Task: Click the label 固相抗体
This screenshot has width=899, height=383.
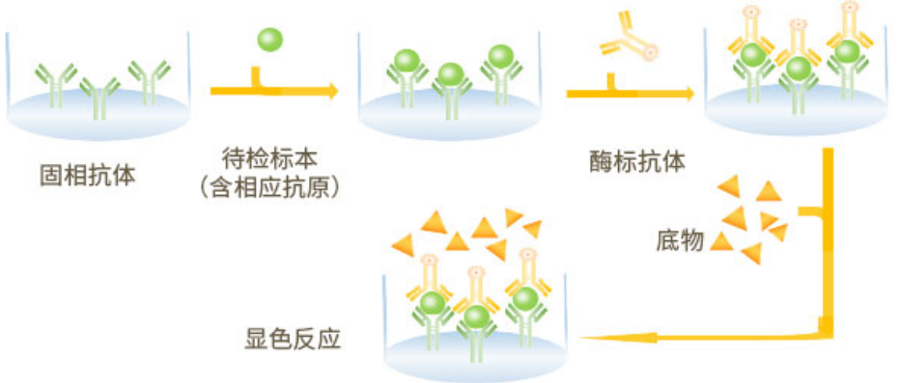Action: tap(87, 177)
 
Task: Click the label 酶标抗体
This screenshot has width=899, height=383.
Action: tap(637, 163)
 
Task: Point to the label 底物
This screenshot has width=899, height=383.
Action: tap(680, 241)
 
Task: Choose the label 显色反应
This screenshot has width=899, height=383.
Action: tap(293, 340)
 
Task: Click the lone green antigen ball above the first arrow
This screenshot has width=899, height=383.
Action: tap(269, 41)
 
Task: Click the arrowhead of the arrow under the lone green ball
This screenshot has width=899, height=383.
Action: tap(332, 91)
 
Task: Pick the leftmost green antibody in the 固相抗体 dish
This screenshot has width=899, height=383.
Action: tap(56, 84)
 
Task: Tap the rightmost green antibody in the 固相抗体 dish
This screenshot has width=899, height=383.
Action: tap(149, 83)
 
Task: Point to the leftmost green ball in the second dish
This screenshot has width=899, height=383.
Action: tap(407, 61)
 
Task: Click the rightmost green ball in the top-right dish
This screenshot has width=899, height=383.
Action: tap(847, 52)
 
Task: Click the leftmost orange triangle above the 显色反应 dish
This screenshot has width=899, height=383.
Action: tap(403, 245)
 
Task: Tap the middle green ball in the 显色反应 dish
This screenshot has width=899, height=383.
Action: tap(475, 317)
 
